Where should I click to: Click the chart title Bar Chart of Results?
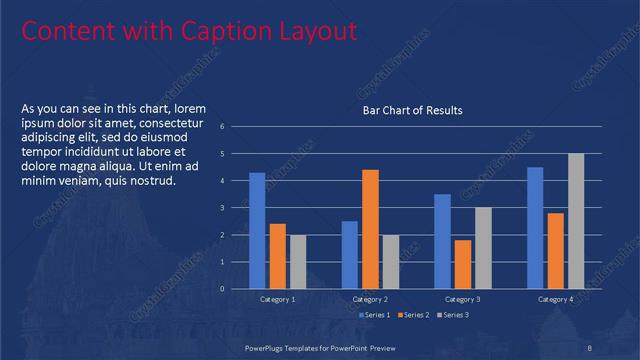(412, 110)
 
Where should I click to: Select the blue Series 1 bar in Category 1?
(257, 230)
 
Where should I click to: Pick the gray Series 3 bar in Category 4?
(576, 221)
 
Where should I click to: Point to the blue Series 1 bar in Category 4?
(535, 227)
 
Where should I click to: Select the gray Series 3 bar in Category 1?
(298, 261)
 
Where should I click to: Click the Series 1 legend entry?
(375, 315)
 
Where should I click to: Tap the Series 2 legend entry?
(415, 315)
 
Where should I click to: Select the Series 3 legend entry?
(452, 315)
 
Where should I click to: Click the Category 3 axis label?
(462, 299)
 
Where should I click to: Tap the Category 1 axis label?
(277, 299)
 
